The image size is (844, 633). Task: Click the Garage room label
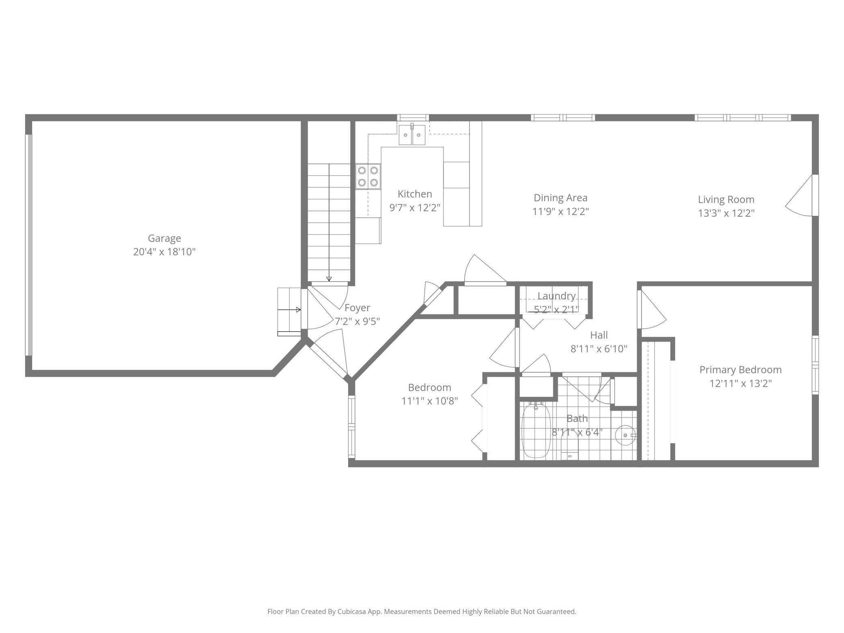[164, 238]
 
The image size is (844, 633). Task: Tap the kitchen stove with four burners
[368, 177]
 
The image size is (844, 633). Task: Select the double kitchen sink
[412, 135]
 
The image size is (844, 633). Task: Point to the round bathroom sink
[625, 435]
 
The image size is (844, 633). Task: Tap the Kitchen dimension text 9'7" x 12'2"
[415, 208]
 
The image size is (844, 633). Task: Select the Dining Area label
[560, 198]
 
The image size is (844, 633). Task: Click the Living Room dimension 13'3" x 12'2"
[726, 213]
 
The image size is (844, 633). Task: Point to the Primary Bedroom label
[741, 370]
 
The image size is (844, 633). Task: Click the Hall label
[599, 335]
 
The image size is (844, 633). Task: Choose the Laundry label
[556, 296]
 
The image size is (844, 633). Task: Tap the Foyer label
[357, 308]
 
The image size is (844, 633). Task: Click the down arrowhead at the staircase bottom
[329, 279]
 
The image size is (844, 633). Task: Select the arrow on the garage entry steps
[289, 310]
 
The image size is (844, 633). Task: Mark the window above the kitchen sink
[413, 118]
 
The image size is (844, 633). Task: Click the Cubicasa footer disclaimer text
[422, 611]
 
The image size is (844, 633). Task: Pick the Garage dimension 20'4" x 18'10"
[164, 252]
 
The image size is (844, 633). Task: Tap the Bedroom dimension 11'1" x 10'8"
[430, 401]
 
